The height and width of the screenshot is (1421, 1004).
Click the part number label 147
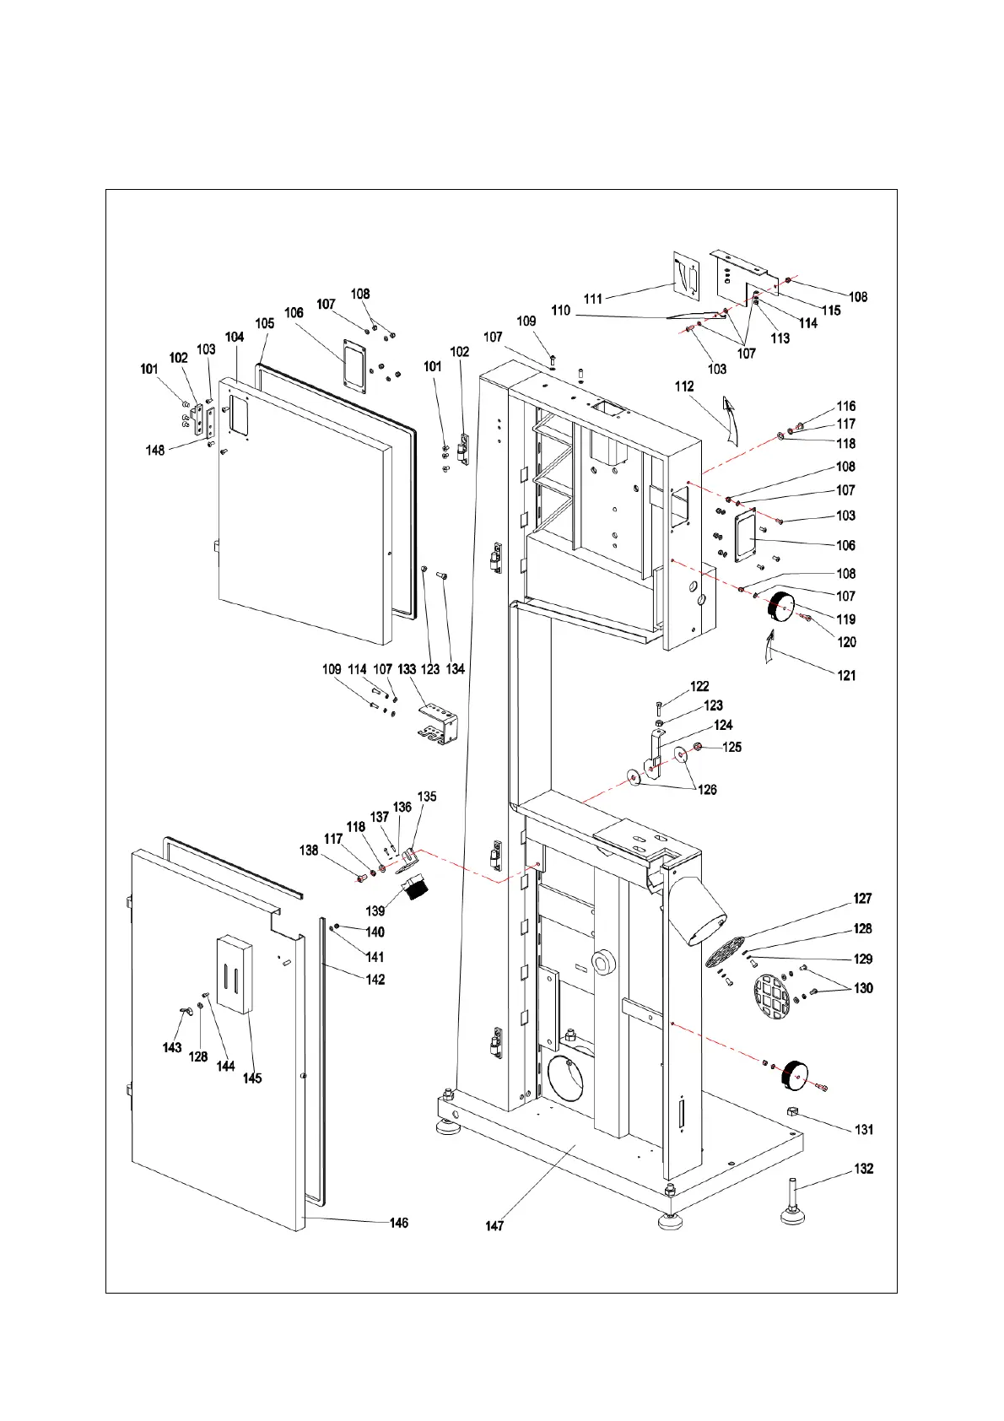pos(494,1225)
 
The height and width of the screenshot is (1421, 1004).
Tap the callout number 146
pos(398,1223)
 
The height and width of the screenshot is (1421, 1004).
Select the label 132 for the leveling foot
pos(863,1169)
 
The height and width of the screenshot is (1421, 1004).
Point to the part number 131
pos(863,1129)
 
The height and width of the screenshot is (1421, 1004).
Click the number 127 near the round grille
pos(862,899)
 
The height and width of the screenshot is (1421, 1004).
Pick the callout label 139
pos(375,910)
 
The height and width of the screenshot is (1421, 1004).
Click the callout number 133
pos(408,669)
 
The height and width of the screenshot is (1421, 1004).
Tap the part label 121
pos(845,675)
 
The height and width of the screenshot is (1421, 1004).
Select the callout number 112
pos(684,386)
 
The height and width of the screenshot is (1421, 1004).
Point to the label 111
pos(593,299)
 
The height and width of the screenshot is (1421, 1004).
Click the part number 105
pos(265,323)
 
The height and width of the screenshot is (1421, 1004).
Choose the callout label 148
pos(155,451)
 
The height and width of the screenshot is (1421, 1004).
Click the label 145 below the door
pos(251,1078)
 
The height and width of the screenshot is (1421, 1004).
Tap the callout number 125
pos(731,747)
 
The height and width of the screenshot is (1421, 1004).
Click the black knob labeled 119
pos(780,607)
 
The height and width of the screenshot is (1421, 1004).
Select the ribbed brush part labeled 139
pos(415,888)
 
